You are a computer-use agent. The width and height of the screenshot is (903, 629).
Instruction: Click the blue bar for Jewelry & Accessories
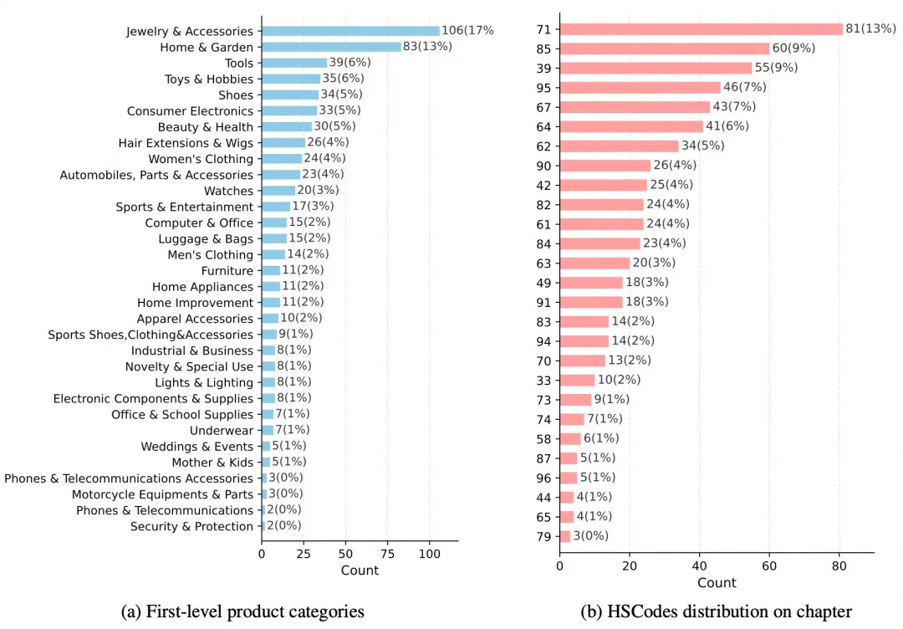[350, 31]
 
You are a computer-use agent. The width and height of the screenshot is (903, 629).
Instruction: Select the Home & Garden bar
[331, 47]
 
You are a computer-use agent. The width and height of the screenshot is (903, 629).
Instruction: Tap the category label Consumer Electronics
[190, 111]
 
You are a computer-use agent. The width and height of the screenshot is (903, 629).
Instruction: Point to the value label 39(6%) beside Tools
[350, 62]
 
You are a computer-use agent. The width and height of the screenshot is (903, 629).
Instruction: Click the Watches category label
[228, 191]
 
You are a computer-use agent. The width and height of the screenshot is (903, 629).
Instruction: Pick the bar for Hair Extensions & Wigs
[283, 143]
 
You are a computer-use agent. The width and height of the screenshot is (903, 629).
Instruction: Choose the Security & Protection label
[191, 526]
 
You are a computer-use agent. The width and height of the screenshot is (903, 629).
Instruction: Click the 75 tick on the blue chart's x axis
[388, 554]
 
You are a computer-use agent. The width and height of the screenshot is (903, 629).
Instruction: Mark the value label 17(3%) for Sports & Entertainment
[313, 207]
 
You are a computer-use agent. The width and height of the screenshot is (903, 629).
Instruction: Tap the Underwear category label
[222, 430]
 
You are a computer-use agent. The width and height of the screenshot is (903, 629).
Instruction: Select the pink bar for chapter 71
[701, 29]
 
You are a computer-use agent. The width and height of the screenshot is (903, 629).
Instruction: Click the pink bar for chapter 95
[640, 88]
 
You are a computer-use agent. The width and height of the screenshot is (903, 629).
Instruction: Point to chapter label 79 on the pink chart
[543, 537]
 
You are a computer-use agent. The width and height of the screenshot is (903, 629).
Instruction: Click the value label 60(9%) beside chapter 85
[793, 49]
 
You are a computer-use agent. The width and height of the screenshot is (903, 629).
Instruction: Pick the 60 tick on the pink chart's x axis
[769, 566]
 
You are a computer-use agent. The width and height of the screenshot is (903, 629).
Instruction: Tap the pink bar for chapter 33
[577, 381]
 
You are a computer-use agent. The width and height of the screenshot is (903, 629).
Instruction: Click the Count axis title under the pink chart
[717, 583]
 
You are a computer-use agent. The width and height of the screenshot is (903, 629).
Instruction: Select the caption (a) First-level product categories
[242, 611]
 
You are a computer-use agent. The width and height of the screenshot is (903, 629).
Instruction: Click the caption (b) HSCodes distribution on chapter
[716, 611]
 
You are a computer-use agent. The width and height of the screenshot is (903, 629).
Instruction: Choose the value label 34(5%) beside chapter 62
[702, 146]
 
